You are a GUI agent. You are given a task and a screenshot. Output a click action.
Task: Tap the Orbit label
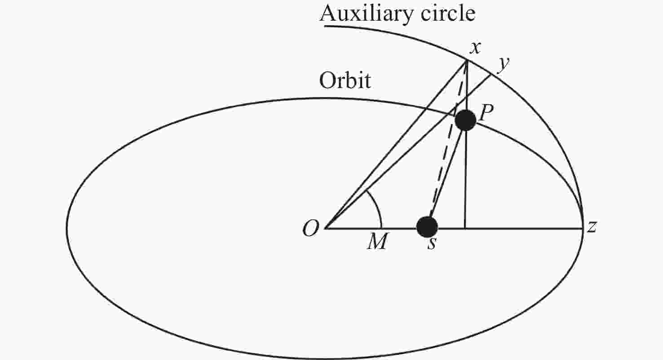345,81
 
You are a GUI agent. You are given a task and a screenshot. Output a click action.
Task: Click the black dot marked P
465,120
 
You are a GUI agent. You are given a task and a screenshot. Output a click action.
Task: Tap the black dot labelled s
427,227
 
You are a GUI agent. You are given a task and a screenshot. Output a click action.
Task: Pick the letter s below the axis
431,245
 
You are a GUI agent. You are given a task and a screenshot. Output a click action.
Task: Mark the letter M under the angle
376,243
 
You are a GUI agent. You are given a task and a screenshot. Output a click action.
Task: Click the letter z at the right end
592,227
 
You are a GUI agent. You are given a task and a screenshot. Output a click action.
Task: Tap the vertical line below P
465,180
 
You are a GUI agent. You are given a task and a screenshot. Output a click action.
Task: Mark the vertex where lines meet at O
325,228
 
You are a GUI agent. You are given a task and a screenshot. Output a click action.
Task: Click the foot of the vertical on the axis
465,228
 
